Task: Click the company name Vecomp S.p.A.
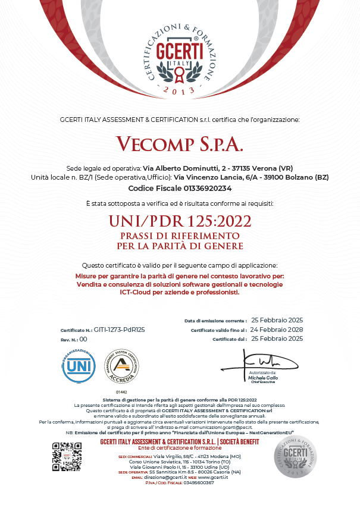180,145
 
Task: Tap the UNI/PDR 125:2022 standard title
180,221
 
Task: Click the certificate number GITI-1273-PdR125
120,329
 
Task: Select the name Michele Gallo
263,378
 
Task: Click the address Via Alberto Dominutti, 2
194,168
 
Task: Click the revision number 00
83,338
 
